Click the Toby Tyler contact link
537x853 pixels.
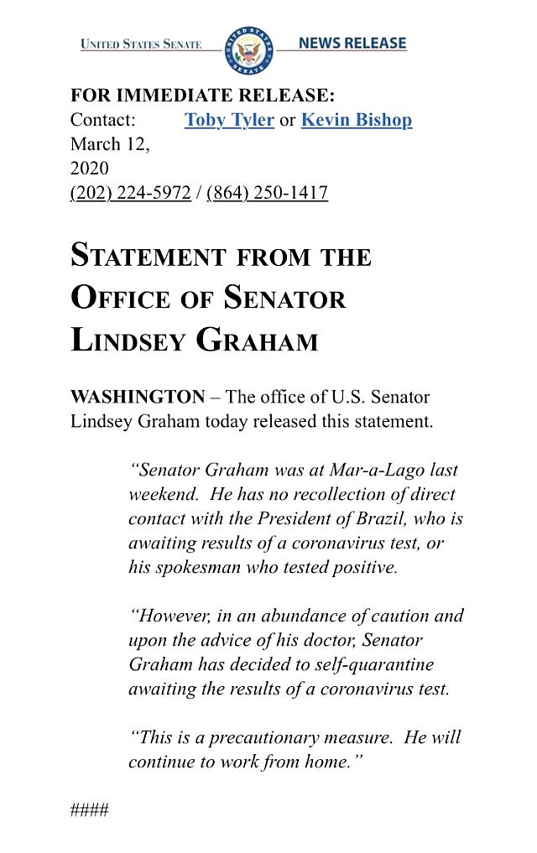click(229, 120)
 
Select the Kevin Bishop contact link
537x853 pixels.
click(357, 120)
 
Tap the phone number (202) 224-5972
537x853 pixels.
click(130, 193)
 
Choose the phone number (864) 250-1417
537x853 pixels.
click(267, 193)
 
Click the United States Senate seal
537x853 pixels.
click(248, 49)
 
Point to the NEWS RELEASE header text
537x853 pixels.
click(352, 43)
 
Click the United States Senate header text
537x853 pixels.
click(141, 44)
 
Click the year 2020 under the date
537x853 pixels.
click(89, 169)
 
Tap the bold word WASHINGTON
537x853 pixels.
click(138, 396)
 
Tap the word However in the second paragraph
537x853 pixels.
click(173, 616)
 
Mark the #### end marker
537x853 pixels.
click(89, 811)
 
